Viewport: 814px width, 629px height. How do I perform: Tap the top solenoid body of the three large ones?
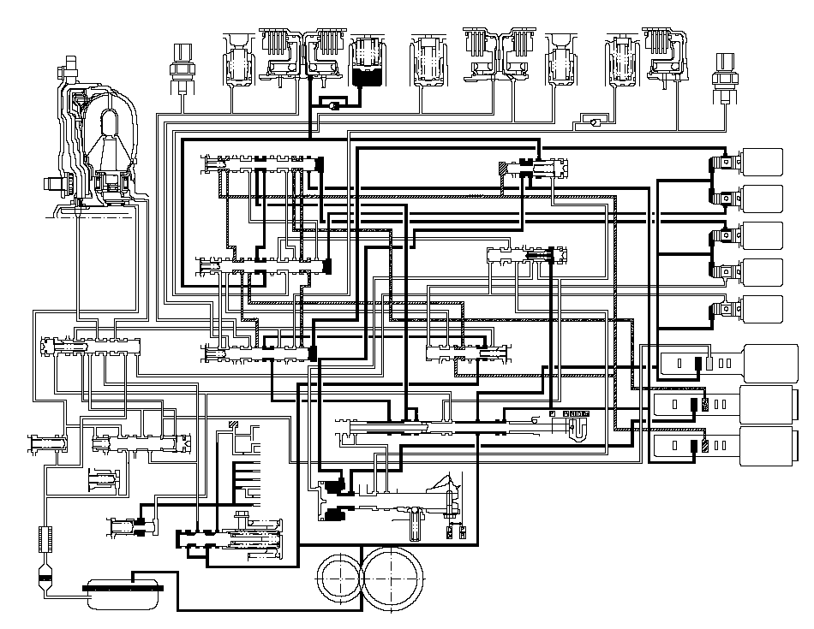coord(775,362)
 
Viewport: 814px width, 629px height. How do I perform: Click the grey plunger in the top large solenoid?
coord(709,363)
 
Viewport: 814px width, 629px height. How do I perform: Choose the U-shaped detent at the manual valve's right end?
coord(580,424)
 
